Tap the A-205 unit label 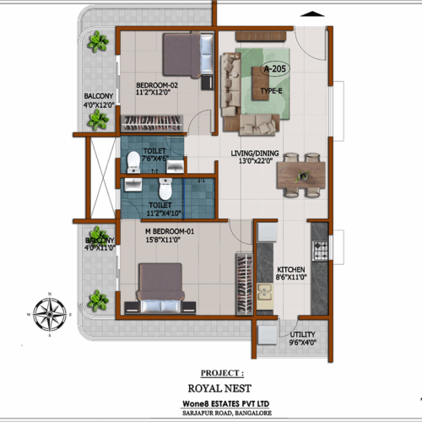(x=274, y=69)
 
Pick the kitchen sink (x=265, y=293)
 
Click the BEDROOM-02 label (x=159, y=84)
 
